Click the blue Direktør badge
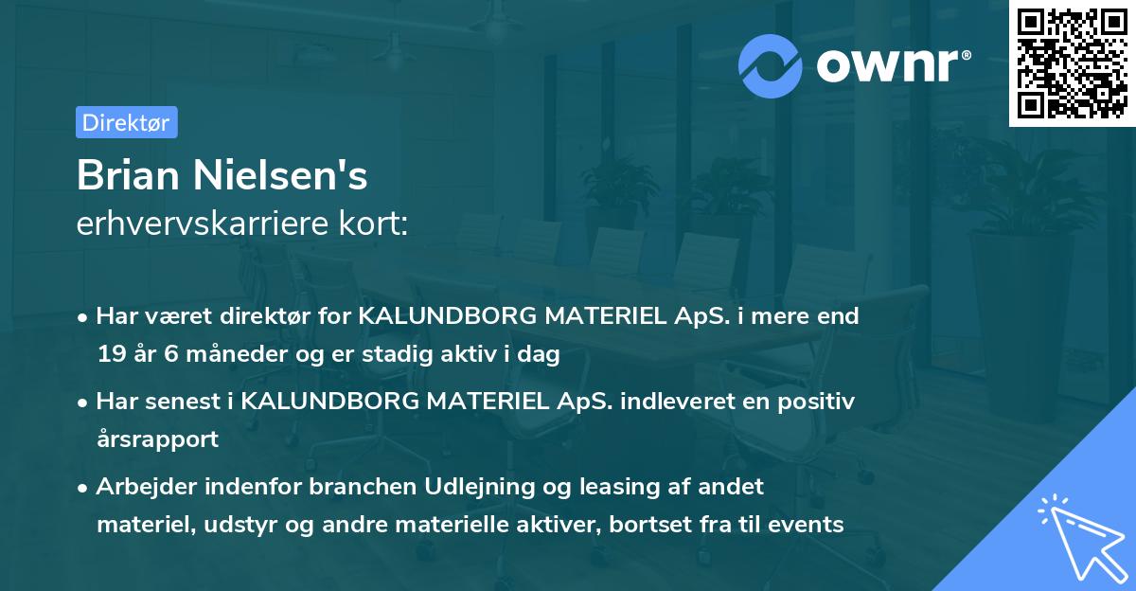(x=126, y=122)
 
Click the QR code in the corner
(x=1071, y=63)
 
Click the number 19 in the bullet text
(x=110, y=355)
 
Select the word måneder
(x=215, y=355)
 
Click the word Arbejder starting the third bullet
(x=143, y=487)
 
